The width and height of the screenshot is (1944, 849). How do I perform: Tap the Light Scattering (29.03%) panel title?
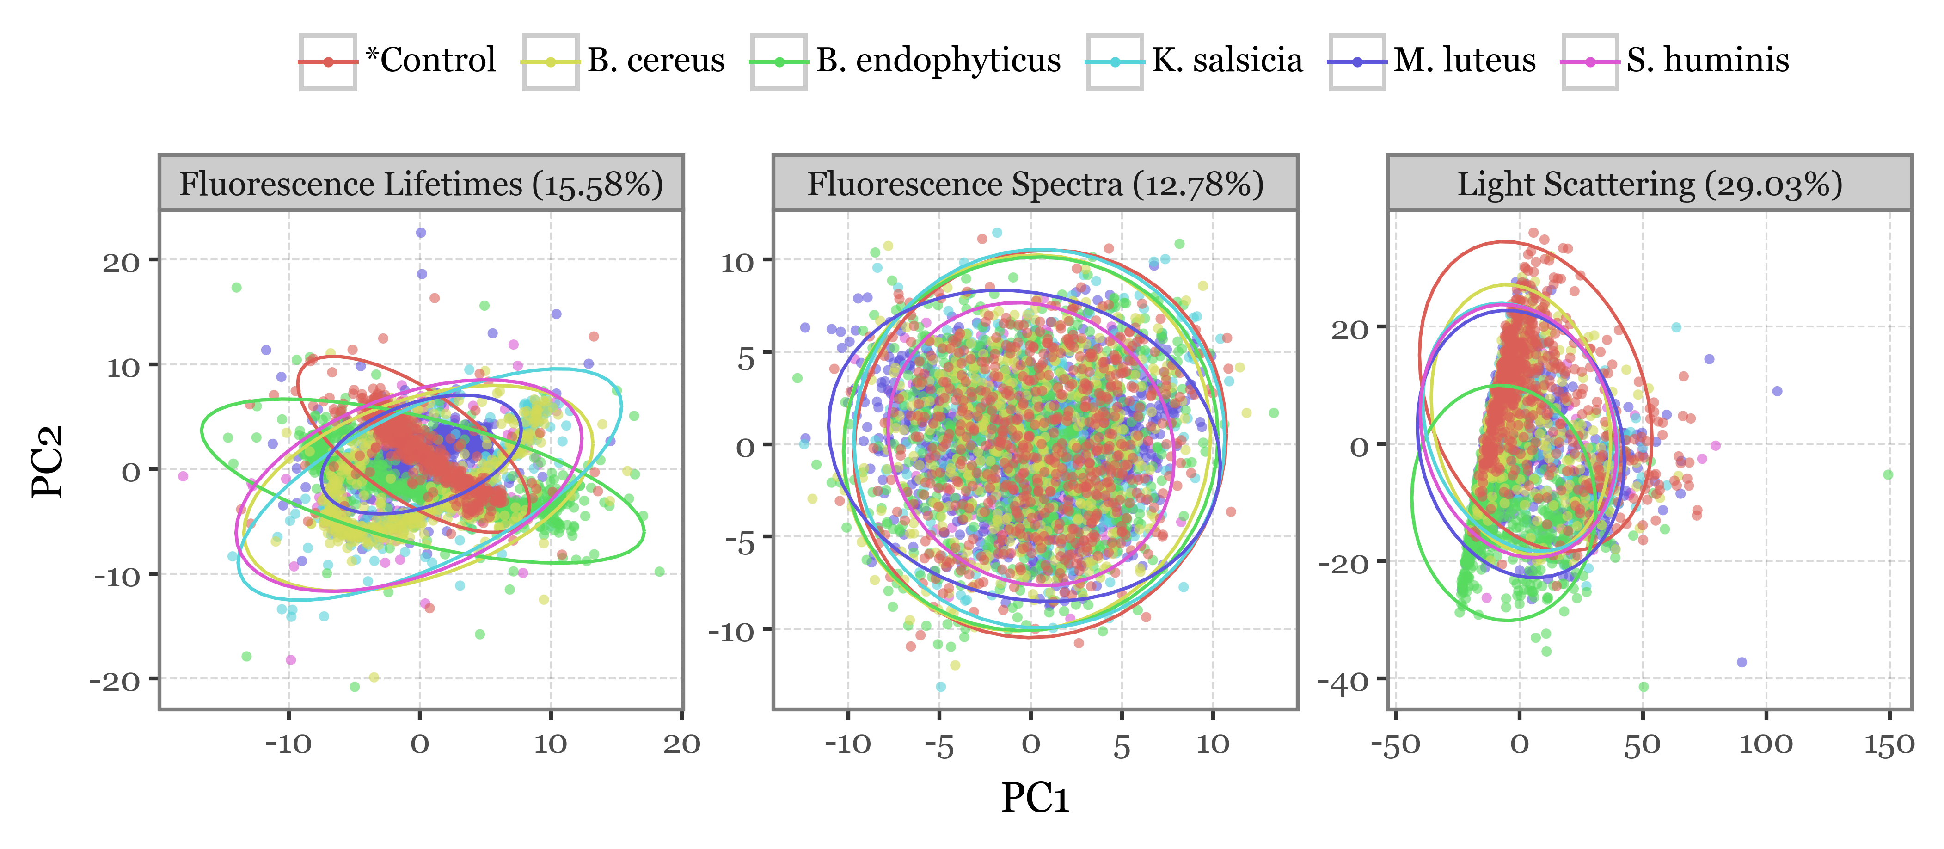(x=1650, y=184)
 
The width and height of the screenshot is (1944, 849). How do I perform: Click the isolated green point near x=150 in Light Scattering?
(x=1888, y=475)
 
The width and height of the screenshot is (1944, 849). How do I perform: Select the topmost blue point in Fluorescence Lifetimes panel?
(x=421, y=233)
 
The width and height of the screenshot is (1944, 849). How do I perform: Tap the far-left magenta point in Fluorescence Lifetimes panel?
(x=183, y=476)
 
